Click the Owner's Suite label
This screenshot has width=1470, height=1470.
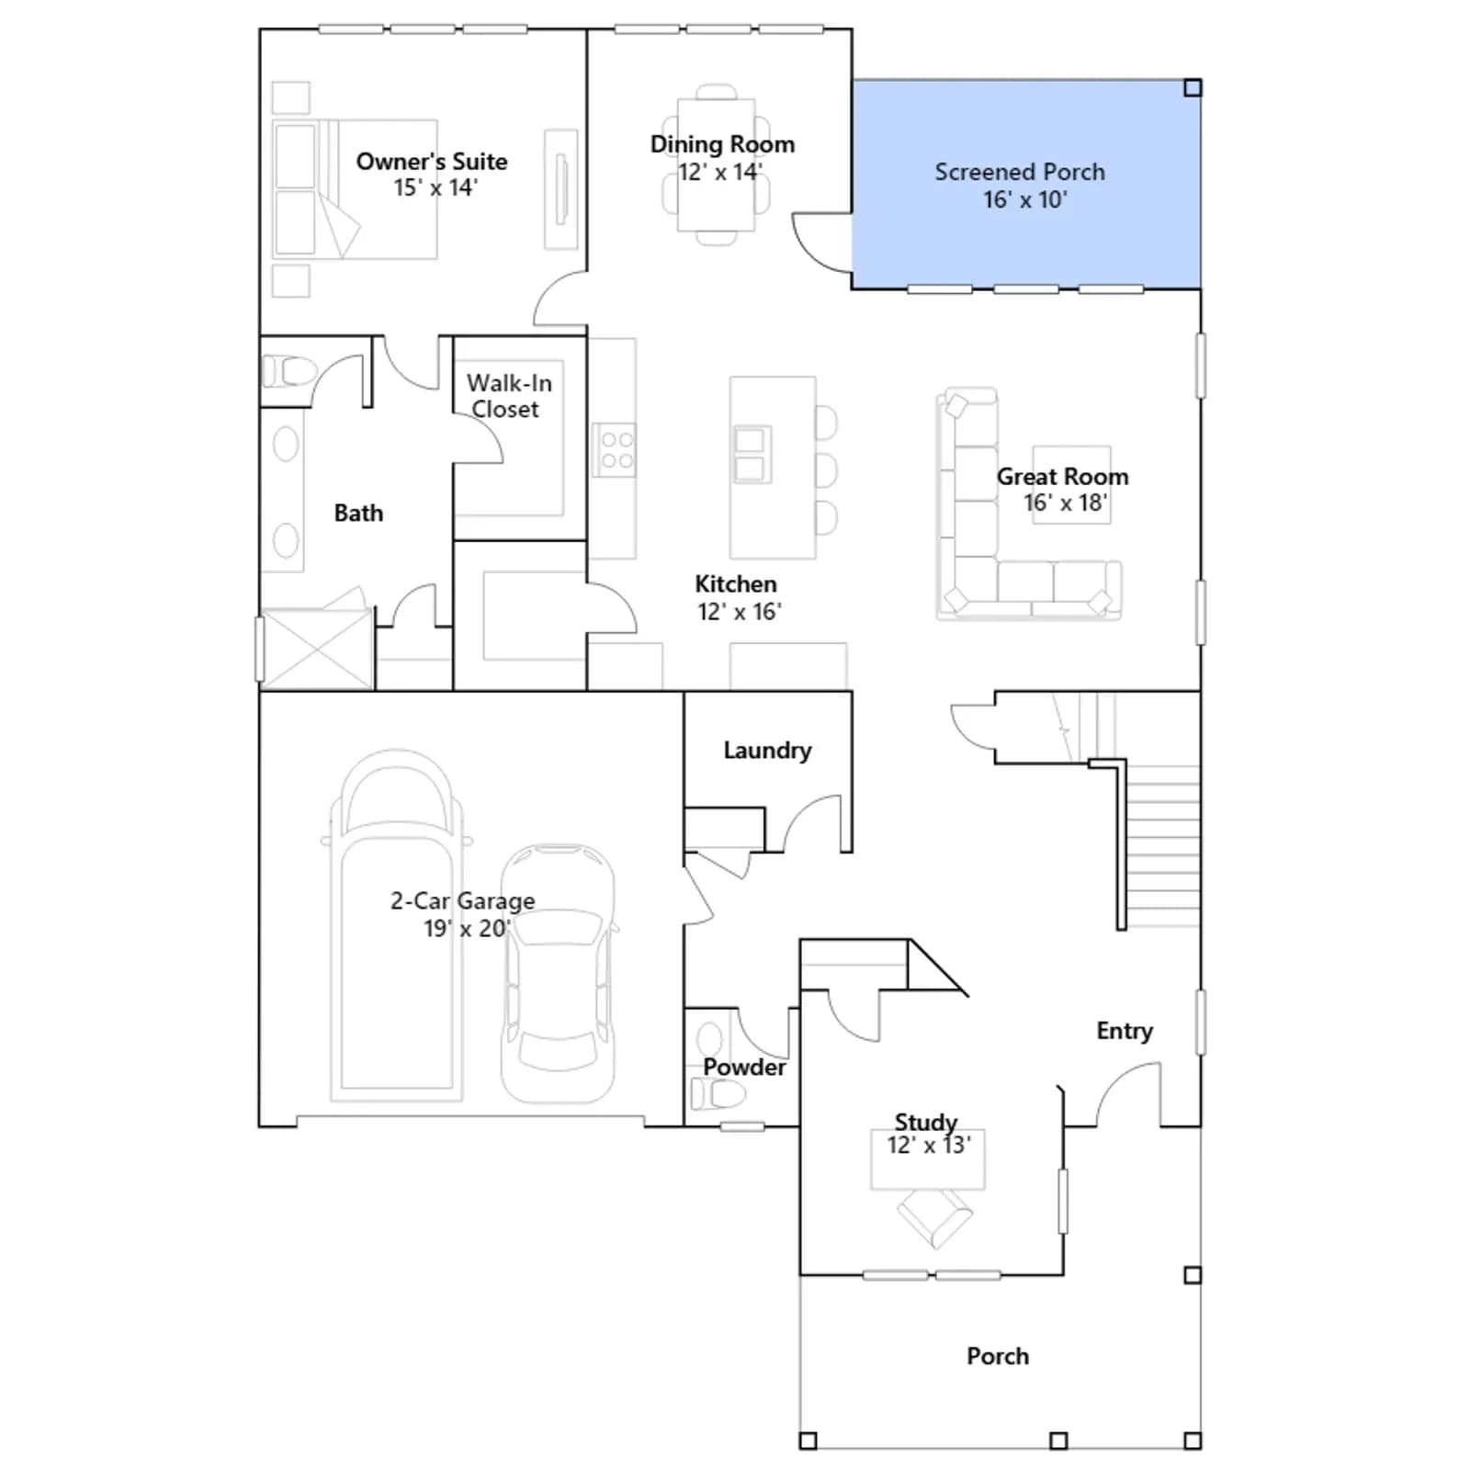(x=432, y=162)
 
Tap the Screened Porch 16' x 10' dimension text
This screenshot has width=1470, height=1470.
(x=1025, y=199)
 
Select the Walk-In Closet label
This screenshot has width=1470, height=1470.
(x=508, y=396)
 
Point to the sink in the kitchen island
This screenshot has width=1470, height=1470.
(x=751, y=455)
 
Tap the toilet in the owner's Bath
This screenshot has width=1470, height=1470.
(x=288, y=372)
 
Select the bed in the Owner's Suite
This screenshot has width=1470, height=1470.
(x=355, y=189)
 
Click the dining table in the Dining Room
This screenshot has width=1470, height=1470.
(x=717, y=165)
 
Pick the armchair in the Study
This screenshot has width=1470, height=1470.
(x=934, y=1216)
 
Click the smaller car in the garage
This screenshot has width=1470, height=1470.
(x=559, y=974)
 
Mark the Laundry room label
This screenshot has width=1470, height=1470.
(x=767, y=751)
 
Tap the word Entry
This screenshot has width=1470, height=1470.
(x=1125, y=1031)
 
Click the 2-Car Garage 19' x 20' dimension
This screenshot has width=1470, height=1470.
(x=467, y=928)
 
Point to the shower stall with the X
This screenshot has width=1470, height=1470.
(x=317, y=649)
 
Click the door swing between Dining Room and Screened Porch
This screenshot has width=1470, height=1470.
(x=820, y=243)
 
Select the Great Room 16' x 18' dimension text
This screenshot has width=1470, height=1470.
(x=1066, y=503)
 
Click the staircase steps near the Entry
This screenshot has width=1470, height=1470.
(x=1162, y=845)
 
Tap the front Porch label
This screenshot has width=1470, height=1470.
(x=998, y=1356)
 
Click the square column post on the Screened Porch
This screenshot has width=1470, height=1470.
(x=1193, y=88)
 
